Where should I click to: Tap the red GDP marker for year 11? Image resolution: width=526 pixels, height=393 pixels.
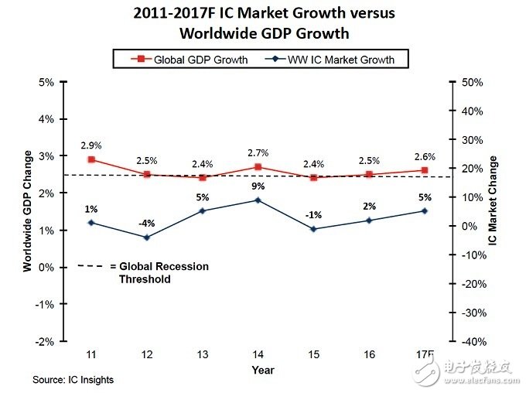coord(91,159)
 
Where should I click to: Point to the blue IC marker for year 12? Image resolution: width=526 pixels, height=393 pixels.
coord(148,238)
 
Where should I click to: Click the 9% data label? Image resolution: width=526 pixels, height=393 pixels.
coord(258,186)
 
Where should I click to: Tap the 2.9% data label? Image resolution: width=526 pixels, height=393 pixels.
coord(91,145)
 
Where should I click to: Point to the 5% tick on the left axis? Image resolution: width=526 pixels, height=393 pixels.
coord(46,82)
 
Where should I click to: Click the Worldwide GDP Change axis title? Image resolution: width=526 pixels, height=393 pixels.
coord(28,211)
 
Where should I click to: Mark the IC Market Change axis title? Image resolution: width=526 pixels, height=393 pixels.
coord(494,200)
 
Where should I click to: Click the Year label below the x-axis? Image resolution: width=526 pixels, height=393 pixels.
coord(262,371)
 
